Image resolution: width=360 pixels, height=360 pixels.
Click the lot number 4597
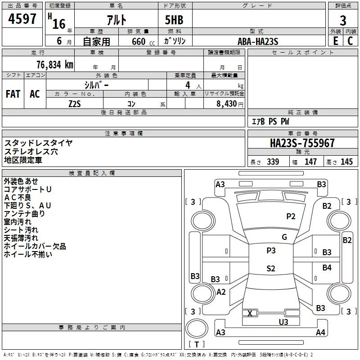[22, 18]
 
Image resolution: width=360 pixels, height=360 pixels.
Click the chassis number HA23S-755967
[302, 143]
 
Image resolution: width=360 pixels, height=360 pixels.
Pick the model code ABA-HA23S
[258, 41]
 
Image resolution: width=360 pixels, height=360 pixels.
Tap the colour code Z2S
[75, 103]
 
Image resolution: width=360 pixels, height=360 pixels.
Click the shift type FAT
[13, 94]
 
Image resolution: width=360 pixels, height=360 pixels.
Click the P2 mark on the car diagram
[291, 216]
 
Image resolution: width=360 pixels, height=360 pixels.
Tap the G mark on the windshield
[284, 237]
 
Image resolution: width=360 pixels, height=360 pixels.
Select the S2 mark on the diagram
[270, 269]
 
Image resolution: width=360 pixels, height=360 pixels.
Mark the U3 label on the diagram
[283, 321]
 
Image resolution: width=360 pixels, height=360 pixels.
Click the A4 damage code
[320, 333]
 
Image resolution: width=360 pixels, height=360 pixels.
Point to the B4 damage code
[327, 268]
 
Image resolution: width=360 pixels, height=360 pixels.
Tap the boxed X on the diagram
[250, 313]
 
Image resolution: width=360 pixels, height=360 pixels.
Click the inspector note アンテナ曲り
[24, 214]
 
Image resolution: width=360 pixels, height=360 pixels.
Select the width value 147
[310, 162]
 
